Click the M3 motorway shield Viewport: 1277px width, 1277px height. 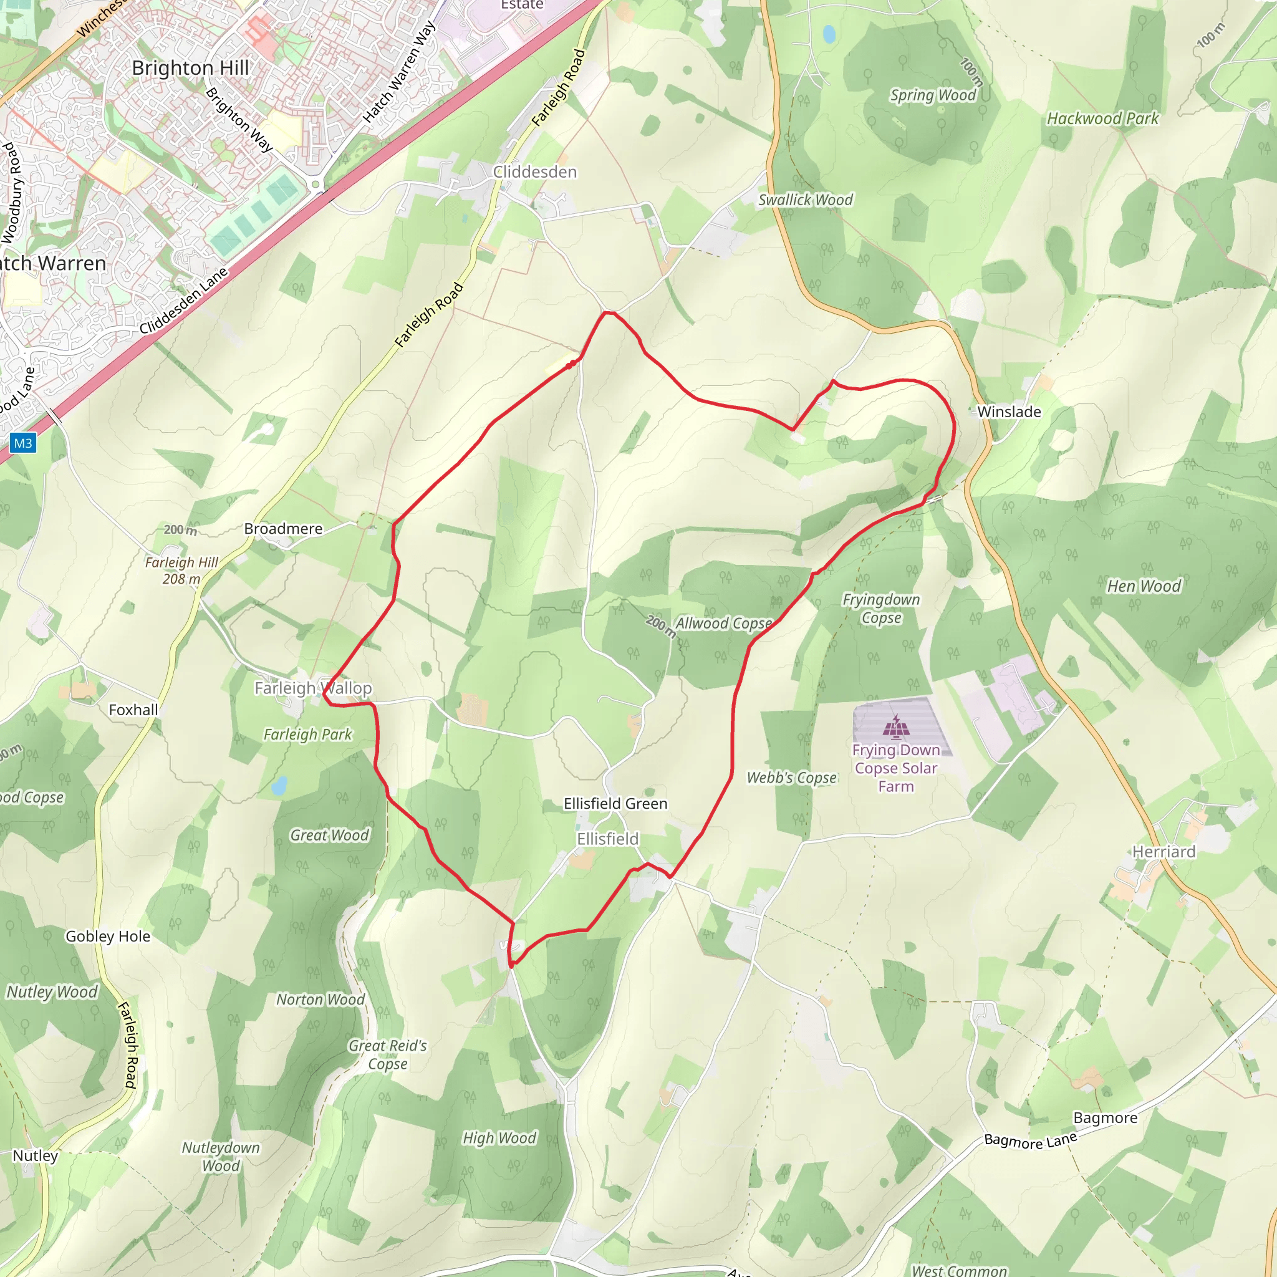click(23, 443)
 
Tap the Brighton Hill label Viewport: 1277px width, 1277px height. click(190, 68)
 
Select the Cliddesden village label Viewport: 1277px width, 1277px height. click(535, 172)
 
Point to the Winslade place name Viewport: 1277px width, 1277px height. click(1009, 412)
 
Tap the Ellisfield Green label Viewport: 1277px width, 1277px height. click(615, 804)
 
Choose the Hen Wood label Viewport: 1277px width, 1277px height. click(1144, 586)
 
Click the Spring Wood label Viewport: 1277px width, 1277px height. click(933, 95)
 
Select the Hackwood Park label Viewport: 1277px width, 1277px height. click(1102, 119)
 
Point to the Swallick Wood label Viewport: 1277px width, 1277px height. click(805, 200)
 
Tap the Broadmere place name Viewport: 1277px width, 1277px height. click(283, 529)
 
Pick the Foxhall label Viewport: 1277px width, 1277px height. click(133, 710)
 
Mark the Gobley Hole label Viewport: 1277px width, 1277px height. click(108, 936)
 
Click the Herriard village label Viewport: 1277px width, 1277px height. click(1164, 851)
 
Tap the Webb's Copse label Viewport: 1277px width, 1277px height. click(792, 778)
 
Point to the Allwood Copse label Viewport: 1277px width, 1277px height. click(723, 624)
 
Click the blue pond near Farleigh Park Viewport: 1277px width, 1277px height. click(279, 785)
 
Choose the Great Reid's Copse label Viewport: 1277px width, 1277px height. click(388, 1055)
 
